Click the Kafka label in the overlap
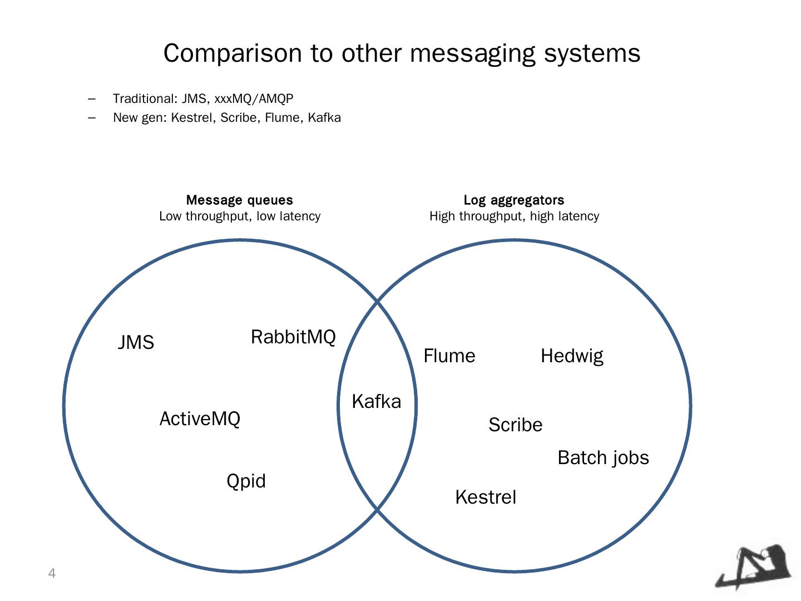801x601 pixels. [x=376, y=401]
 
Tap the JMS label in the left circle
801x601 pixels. [x=136, y=342]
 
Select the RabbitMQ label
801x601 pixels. [x=293, y=337]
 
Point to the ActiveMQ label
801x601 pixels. [x=200, y=418]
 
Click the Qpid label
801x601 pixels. [x=246, y=481]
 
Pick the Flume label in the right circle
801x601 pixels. [x=449, y=356]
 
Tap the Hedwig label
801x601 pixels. [x=572, y=356]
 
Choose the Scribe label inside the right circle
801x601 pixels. [x=515, y=425]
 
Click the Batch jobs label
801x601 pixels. [x=603, y=457]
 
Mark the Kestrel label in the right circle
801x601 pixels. [x=486, y=497]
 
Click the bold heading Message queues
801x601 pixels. [x=239, y=200]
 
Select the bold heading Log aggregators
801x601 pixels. [x=514, y=200]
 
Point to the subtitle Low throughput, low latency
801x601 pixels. [x=240, y=216]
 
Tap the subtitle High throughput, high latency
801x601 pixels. [x=514, y=216]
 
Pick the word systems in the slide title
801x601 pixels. [x=592, y=53]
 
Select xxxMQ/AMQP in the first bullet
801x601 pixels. [x=254, y=98]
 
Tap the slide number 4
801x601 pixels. [x=52, y=573]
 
